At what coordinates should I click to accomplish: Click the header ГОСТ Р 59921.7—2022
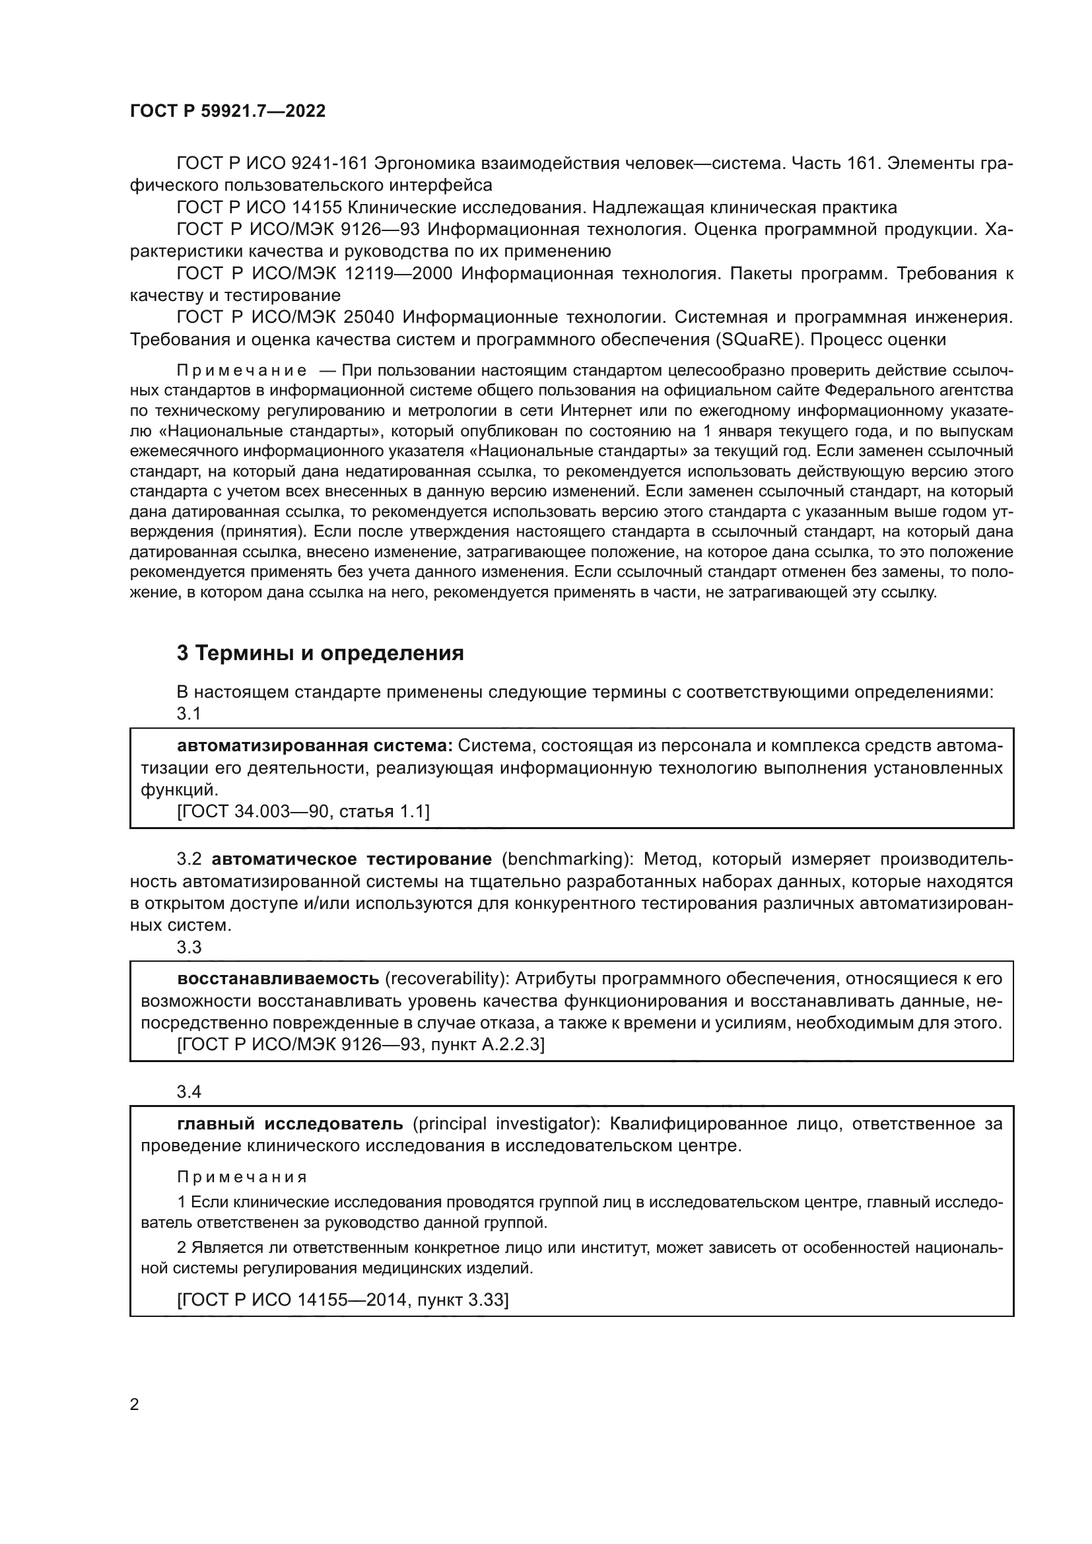coord(227,111)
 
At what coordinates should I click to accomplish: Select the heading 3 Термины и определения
coord(320,653)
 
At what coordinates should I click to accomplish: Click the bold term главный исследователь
coord(290,1124)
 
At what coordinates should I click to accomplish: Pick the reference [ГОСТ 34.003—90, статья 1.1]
coord(303,812)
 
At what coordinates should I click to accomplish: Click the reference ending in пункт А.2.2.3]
coord(360,1044)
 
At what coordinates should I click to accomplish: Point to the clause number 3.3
coord(189,947)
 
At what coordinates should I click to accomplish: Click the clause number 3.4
coord(189,1092)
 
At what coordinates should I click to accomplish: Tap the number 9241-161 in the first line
coord(329,164)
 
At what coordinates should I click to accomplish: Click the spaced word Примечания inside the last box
coord(242,1177)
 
